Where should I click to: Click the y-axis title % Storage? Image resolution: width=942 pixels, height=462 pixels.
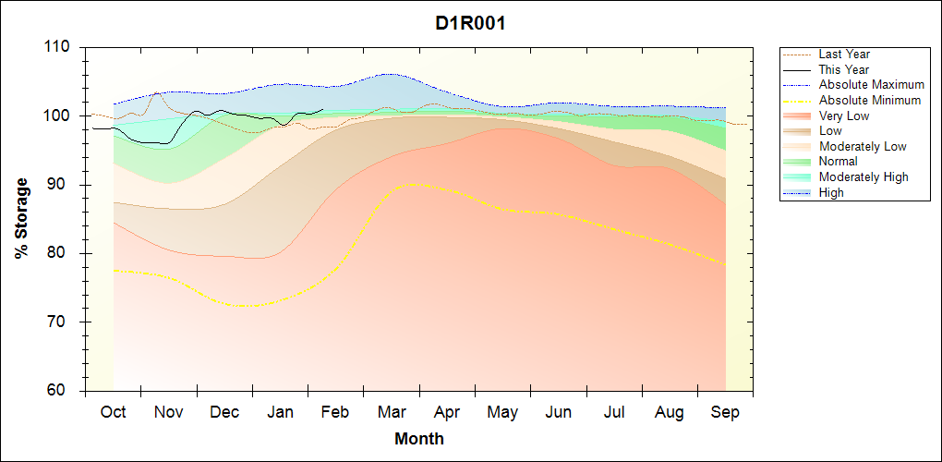point(22,218)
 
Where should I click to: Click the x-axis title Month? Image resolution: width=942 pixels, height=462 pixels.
point(418,439)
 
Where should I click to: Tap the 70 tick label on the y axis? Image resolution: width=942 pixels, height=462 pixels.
point(62,322)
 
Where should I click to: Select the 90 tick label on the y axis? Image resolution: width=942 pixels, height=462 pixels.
point(62,185)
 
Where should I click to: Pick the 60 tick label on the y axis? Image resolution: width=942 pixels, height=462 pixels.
point(62,391)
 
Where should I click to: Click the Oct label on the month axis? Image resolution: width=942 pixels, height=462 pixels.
point(114,412)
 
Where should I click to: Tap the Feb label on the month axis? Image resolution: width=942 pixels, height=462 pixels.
point(335,412)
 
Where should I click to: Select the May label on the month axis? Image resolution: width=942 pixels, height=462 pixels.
point(502,412)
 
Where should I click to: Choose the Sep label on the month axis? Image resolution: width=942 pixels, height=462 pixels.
point(725,412)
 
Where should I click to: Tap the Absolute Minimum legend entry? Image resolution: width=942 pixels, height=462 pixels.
point(868,101)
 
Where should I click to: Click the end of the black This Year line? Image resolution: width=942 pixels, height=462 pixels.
point(322,109)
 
